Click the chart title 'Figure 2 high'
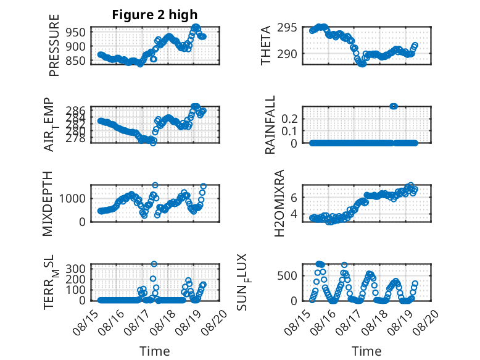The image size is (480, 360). (155, 15)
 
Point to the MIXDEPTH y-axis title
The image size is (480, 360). (49, 203)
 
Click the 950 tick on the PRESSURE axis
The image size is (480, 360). (78, 31)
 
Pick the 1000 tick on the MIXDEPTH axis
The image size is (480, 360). (75, 198)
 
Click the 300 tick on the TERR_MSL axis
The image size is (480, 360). (78, 269)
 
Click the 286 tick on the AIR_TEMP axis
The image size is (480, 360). (78, 110)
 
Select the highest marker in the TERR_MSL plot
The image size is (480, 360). (154, 264)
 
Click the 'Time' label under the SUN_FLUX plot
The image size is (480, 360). (366, 351)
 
